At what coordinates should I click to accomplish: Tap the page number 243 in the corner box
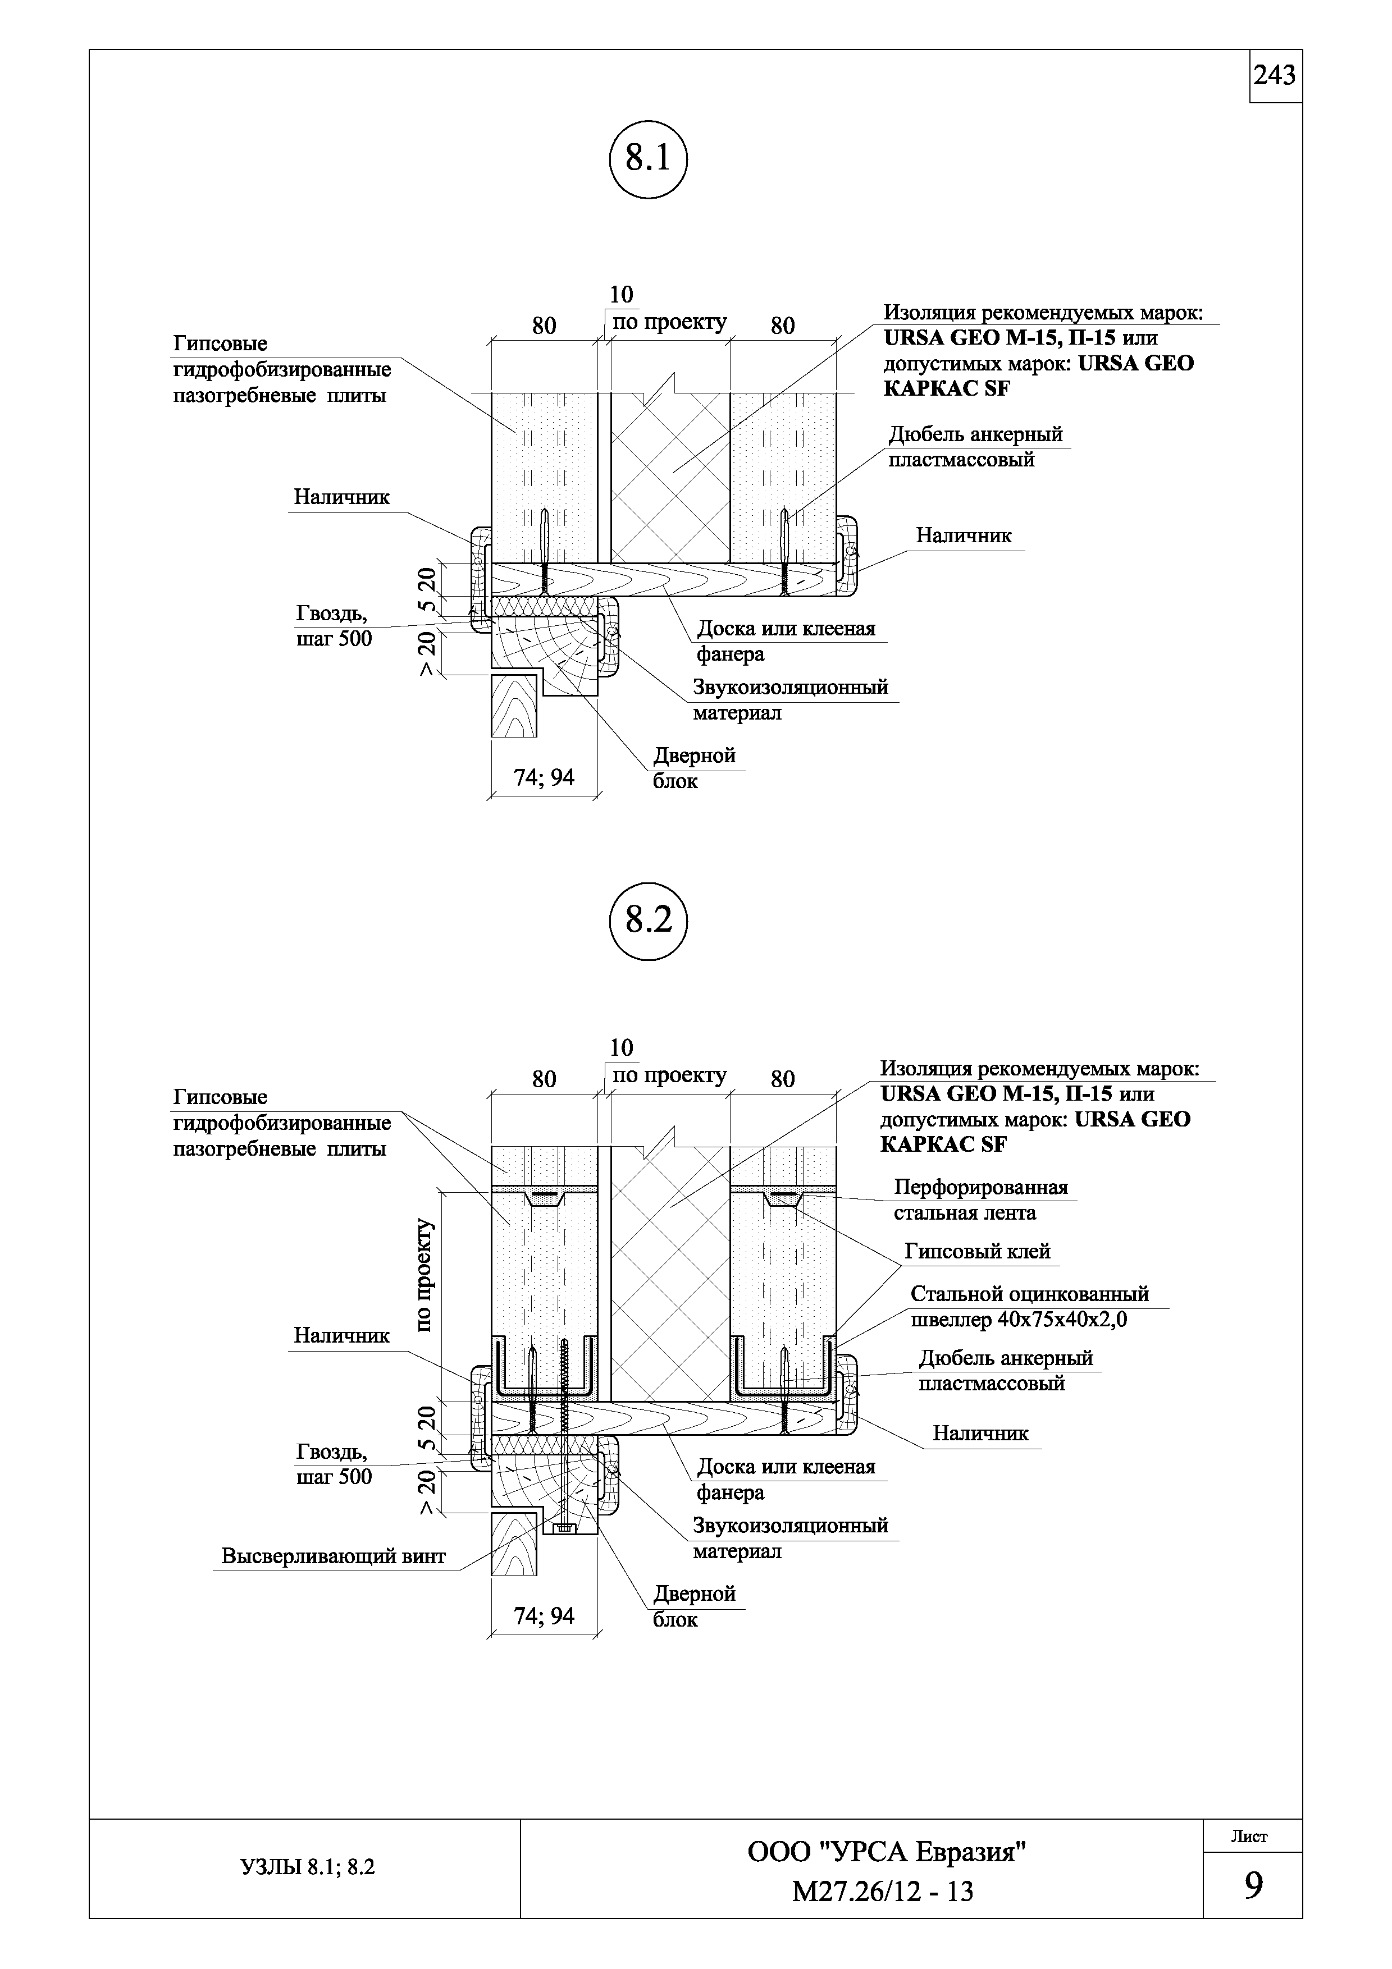(1275, 76)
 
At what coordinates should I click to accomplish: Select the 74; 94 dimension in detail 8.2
(544, 1616)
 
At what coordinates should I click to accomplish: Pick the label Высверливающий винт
(334, 1556)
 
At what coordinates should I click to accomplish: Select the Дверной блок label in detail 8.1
(694, 767)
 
